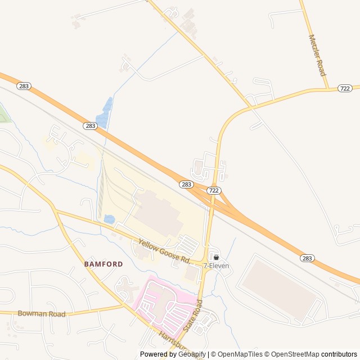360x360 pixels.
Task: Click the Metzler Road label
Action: coord(317,55)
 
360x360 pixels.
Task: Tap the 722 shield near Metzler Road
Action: coord(345,88)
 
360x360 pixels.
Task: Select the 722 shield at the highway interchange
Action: coord(213,191)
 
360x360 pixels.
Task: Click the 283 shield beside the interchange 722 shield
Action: coord(187,184)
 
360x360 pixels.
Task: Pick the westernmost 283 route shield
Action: coord(24,86)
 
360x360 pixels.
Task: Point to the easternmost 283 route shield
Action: coord(307,258)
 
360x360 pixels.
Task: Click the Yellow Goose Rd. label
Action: coord(163,251)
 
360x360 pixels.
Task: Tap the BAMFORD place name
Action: coord(103,263)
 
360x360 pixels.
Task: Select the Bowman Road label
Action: coord(42,313)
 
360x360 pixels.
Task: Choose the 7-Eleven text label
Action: coord(217,265)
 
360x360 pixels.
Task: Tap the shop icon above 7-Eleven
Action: coord(216,257)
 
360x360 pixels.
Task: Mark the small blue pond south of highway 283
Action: coord(109,219)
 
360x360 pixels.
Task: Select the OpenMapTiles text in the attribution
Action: coord(240,354)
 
